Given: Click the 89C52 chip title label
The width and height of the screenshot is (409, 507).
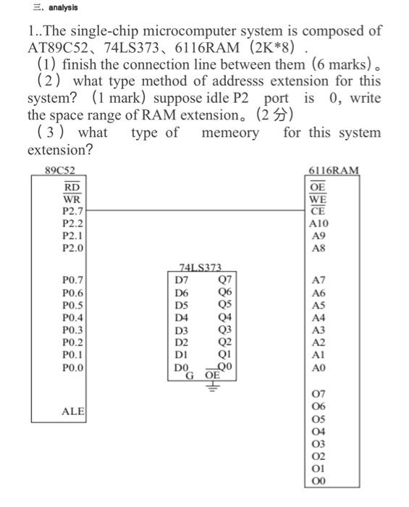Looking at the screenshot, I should tap(60, 171).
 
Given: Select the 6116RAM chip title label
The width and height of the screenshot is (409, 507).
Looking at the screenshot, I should tap(333, 171).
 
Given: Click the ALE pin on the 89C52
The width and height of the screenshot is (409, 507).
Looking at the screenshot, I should tap(72, 411).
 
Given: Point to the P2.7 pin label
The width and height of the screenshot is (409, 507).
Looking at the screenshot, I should tap(72, 211).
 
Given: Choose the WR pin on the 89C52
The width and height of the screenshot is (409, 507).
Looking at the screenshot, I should tap(72, 199).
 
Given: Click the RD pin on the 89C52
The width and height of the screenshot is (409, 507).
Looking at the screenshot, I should tap(72, 187).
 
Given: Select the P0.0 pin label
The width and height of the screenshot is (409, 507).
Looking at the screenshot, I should tap(72, 368).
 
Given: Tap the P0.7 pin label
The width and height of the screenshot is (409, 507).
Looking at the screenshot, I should tap(72, 279).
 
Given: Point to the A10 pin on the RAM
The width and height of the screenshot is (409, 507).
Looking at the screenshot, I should tap(318, 224).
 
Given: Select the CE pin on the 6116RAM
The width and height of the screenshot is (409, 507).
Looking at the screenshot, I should tap(317, 211).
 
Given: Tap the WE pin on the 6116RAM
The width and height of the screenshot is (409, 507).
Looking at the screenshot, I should tap(317, 199).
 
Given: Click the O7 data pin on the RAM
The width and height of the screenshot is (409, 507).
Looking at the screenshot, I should tap(317, 393).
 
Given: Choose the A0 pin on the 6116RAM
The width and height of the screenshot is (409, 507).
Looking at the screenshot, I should tap(317, 368).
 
